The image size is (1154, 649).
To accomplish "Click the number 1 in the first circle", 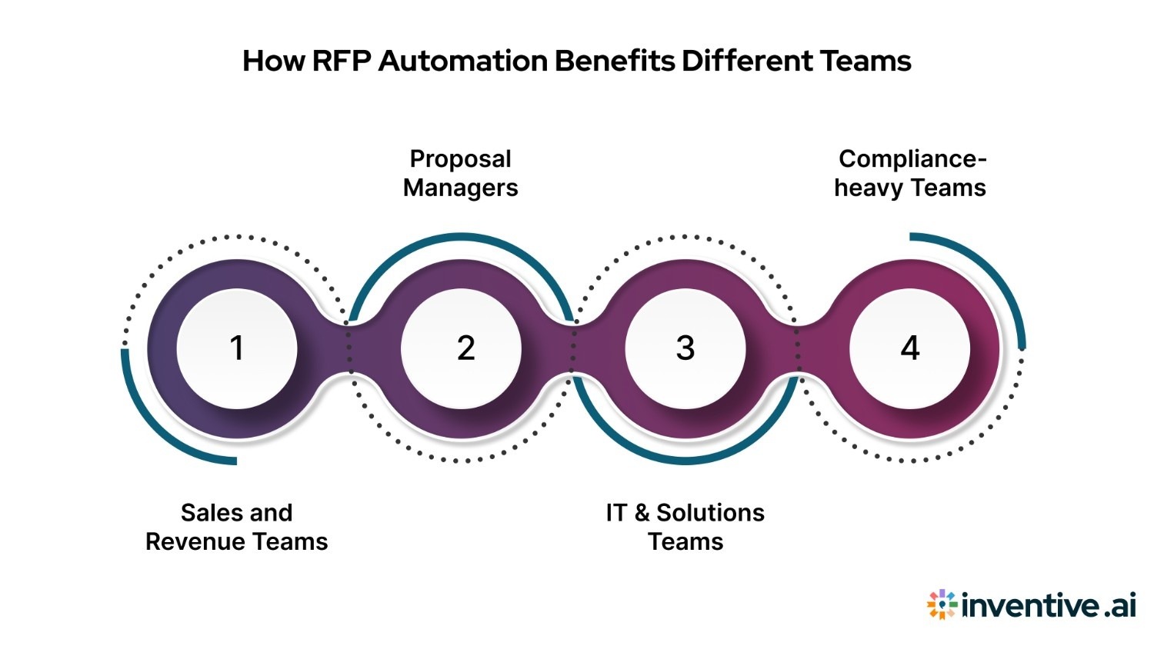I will pos(237,348).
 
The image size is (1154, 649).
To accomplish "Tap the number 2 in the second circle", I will pos(465,348).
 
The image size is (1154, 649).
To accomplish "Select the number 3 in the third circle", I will pos(685,348).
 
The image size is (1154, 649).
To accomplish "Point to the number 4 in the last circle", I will pos(910,348).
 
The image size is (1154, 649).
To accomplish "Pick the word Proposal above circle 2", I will pos(460,159).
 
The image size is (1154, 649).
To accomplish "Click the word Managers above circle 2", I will pos(460,188).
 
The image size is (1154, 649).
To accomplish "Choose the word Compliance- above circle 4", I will pos(912,159).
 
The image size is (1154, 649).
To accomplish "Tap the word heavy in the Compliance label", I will pos(868,188).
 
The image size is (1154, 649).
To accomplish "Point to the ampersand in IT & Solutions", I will pos(642,513).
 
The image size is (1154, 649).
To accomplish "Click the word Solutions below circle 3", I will pos(710,513).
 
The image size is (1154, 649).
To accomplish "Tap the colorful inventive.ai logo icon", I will pos(942,605).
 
